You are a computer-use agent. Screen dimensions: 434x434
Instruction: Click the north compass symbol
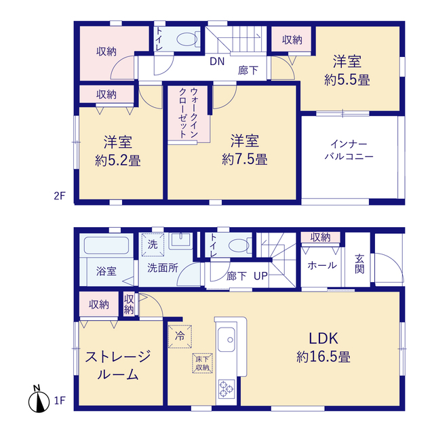pyautogui.click(x=39, y=399)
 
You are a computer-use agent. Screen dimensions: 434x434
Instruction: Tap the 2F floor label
pyautogui.click(x=60, y=196)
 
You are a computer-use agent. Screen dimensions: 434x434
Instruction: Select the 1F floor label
pyautogui.click(x=60, y=400)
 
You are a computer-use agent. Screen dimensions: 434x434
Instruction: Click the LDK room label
pyautogui.click(x=323, y=338)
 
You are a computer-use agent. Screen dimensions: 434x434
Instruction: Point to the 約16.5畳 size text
pyautogui.click(x=323, y=357)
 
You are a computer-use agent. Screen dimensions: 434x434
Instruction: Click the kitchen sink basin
pyautogui.click(x=226, y=340)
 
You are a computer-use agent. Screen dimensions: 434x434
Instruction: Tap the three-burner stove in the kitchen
pyautogui.click(x=226, y=389)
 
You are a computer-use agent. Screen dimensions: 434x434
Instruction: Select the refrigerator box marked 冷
pyautogui.click(x=180, y=336)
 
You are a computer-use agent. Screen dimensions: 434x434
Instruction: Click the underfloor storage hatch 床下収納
pyautogui.click(x=202, y=363)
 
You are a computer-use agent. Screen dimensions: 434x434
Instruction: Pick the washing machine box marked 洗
pyautogui.click(x=153, y=245)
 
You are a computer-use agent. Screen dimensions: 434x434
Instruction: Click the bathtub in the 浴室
pyautogui.click(x=106, y=245)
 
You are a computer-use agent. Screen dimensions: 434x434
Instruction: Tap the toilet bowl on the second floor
pyautogui.click(x=187, y=39)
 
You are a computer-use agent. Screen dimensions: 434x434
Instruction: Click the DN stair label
pyautogui.click(x=217, y=62)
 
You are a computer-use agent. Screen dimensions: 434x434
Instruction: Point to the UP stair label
pyautogui.click(x=260, y=276)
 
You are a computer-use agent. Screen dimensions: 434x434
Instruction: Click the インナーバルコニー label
pyautogui.click(x=349, y=151)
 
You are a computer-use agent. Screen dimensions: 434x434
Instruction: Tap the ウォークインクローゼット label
pyautogui.click(x=189, y=113)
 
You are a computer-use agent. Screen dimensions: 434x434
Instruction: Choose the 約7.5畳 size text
pyautogui.click(x=245, y=160)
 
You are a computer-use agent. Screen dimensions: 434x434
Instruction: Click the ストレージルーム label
pyautogui.click(x=118, y=366)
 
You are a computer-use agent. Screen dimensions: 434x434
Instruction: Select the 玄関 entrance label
pyautogui.click(x=359, y=264)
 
